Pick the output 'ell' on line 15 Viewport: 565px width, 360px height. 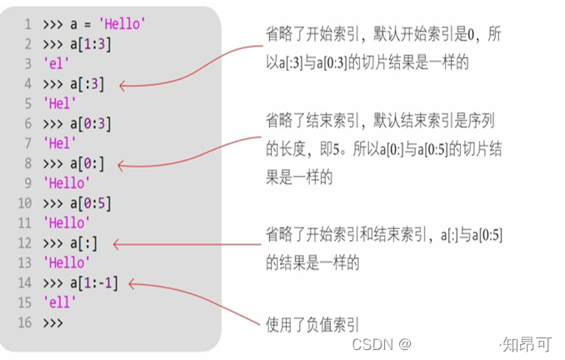pos(57,303)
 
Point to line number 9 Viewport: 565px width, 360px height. pos(27,183)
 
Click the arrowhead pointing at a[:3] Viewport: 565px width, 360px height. pos(123,84)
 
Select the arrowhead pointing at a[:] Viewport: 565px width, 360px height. pos(116,244)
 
